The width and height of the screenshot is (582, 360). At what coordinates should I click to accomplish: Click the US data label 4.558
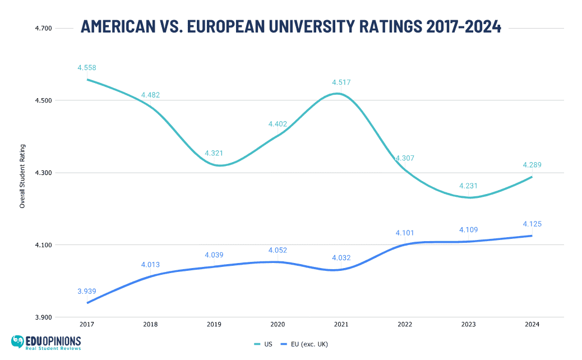click(x=87, y=68)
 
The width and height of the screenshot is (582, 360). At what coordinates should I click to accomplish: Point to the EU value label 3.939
click(x=87, y=291)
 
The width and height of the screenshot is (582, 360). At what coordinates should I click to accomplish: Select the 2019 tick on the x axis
click(x=214, y=324)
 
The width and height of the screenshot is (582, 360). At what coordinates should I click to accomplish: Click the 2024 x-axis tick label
click(x=532, y=324)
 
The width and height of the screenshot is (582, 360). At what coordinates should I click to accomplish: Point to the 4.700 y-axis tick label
click(x=44, y=28)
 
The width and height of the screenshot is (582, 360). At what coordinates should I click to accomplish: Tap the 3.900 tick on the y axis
click(x=44, y=317)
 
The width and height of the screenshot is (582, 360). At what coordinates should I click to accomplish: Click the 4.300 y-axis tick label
click(x=44, y=173)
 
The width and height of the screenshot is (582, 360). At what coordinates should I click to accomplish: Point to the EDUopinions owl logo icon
click(x=19, y=341)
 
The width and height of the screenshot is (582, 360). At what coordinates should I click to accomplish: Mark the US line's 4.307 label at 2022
click(x=405, y=158)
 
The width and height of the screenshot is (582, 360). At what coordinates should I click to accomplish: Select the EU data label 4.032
click(x=341, y=258)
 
